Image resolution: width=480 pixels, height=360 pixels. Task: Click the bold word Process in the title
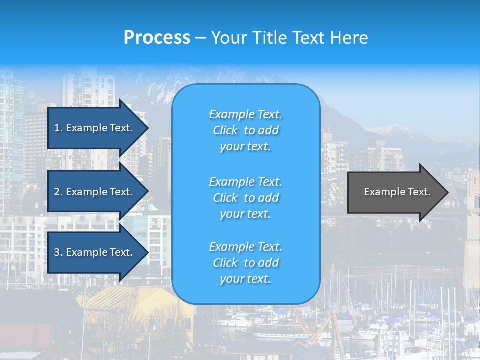[x=157, y=38]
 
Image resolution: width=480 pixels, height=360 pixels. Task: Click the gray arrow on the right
[x=395, y=192]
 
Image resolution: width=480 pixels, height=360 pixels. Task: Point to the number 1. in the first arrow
[x=58, y=128]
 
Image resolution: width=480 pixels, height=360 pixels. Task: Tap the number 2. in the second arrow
[x=58, y=192]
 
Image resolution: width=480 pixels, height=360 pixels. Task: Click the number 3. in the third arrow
[x=58, y=252]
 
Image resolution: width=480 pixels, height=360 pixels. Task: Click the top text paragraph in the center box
[x=245, y=130]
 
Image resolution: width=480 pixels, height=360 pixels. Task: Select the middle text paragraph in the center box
[x=245, y=198]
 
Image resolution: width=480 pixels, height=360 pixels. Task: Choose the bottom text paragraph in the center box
[x=245, y=263]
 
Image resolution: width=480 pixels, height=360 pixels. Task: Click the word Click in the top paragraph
[x=225, y=130]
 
